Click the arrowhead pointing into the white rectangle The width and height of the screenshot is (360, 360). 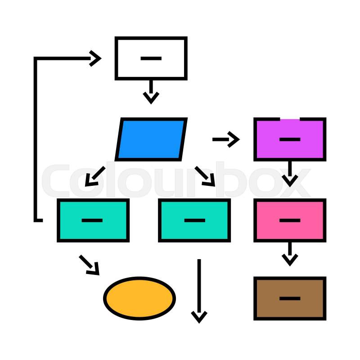tap(95, 58)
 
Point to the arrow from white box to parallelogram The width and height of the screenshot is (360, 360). tap(151, 92)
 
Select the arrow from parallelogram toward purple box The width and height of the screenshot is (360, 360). tap(226, 139)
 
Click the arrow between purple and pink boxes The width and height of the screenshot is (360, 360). tap(290, 174)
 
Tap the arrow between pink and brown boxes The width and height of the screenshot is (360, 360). tap(290, 254)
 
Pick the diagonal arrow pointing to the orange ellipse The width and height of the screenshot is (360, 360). tap(90, 265)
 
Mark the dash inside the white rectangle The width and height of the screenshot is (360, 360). tap(151, 58)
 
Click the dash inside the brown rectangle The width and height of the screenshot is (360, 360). tap(290, 298)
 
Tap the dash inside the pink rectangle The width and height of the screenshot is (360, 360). tap(290, 220)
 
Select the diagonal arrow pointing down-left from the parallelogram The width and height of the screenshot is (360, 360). tap(94, 176)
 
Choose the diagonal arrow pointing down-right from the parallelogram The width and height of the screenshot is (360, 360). tap(205, 176)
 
